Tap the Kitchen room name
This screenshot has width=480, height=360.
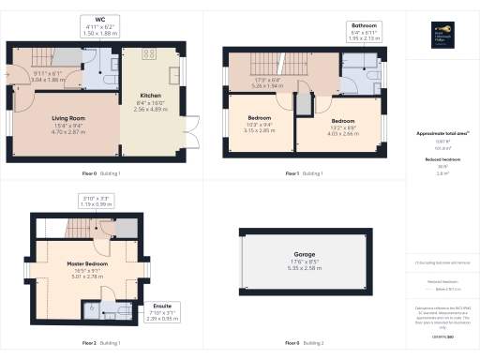(152, 96)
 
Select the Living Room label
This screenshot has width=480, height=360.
(67, 118)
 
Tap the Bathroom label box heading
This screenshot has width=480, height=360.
(364, 25)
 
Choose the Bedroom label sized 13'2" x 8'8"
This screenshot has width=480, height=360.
(343, 122)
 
